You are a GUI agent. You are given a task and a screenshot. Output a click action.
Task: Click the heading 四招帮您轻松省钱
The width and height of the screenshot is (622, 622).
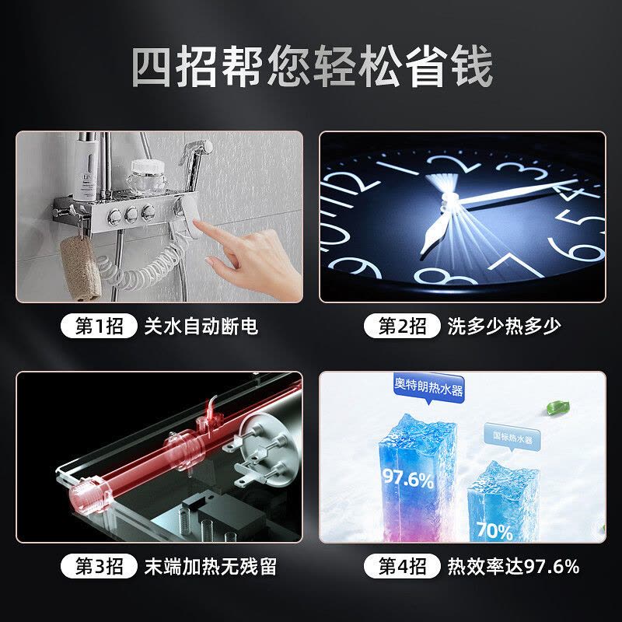313,66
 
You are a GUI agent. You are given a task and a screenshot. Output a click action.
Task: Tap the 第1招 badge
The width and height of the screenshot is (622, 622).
100,326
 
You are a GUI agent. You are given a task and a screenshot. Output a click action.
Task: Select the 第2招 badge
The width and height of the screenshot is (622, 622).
402,326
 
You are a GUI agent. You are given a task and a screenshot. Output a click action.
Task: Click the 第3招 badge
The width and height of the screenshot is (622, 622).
100,566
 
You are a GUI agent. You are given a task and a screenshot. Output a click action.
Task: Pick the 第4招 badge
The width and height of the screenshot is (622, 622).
402,566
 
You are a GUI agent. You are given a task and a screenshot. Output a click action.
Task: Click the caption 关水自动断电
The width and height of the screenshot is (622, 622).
201,327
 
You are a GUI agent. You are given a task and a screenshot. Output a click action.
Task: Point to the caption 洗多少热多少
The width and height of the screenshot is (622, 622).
504,327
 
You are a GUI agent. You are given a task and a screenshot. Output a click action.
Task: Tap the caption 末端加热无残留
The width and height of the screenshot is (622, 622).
211,567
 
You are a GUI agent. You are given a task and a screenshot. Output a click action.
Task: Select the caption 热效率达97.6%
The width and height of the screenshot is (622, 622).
514,567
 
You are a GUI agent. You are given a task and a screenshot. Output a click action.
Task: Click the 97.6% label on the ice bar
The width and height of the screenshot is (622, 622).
407,478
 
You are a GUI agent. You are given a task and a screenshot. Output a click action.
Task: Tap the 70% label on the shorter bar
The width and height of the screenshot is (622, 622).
494,531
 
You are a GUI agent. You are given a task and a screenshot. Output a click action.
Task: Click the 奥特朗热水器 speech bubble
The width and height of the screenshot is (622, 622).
429,386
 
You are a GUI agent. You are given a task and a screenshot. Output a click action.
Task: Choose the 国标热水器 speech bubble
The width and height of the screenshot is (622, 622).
512,439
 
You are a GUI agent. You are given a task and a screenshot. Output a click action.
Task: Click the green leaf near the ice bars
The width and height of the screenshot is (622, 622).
557,407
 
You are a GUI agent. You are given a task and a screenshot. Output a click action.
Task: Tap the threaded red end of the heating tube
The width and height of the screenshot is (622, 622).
90,496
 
